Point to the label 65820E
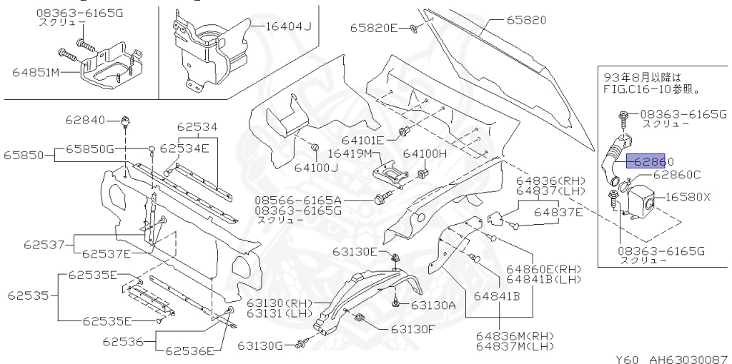[x=373, y=29]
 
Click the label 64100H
[x=425, y=153]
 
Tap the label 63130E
[x=353, y=251]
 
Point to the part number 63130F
[x=412, y=329]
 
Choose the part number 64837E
[x=561, y=212]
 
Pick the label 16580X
[x=688, y=197]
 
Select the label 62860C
[x=676, y=174]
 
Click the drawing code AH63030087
[x=687, y=358]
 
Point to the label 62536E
[x=189, y=350]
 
